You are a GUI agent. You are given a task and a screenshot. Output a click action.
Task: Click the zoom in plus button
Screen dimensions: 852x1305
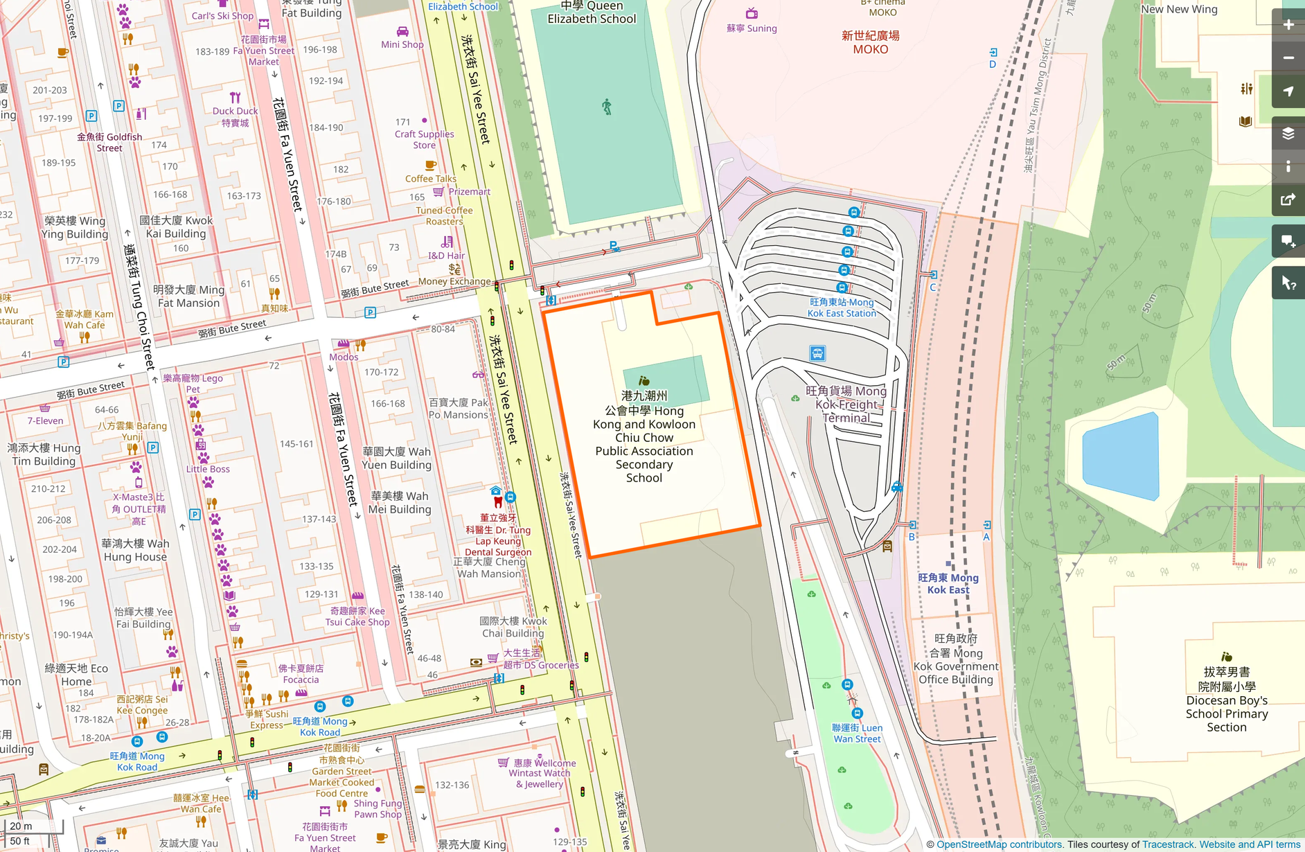[1288, 25]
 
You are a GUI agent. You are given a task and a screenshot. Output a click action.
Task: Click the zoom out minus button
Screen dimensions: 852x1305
[1288, 58]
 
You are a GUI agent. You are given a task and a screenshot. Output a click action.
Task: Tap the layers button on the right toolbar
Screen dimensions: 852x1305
[1288, 134]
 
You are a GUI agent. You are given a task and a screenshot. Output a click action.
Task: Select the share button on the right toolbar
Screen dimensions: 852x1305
[1288, 200]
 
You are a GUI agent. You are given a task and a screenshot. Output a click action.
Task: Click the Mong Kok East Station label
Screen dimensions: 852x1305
[842, 308]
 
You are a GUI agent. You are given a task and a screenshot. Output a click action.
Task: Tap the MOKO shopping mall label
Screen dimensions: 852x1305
[870, 42]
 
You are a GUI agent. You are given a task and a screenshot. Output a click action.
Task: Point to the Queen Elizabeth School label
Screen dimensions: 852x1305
[591, 12]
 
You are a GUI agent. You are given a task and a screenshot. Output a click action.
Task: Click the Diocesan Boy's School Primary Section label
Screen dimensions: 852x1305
[1226, 700]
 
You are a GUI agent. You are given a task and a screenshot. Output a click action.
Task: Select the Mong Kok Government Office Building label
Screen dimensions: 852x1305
[955, 659]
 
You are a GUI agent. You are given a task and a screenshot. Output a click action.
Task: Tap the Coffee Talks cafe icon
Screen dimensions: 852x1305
[430, 166]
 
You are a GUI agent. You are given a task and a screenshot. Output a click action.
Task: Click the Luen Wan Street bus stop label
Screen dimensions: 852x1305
[857, 733]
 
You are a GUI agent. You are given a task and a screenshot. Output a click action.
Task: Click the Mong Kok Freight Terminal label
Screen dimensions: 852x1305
[846, 405]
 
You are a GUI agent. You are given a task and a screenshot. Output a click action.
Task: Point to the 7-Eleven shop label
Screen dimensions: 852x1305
[45, 420]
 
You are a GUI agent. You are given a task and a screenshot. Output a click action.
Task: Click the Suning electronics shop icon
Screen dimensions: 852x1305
[752, 13]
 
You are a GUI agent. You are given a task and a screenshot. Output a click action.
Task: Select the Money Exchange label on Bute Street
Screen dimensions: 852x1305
[454, 281]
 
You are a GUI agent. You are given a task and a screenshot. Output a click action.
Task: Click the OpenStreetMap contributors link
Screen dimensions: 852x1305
[999, 844]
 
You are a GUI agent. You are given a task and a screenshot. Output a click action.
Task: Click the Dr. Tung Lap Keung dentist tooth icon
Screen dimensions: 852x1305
[497, 502]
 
